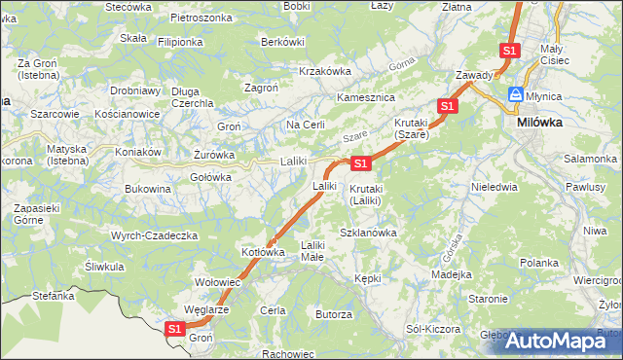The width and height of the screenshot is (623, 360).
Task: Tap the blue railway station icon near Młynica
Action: click(x=513, y=95)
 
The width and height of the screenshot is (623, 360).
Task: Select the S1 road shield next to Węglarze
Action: click(x=174, y=329)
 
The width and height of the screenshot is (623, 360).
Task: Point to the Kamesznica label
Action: click(x=364, y=98)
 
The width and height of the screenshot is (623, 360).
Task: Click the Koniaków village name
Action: click(x=137, y=151)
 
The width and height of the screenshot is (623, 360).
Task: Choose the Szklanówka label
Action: click(x=368, y=233)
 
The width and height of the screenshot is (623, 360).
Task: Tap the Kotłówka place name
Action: click(x=263, y=252)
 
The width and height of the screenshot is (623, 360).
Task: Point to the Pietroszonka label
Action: click(x=201, y=18)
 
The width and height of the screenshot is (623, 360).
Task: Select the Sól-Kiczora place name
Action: click(x=433, y=329)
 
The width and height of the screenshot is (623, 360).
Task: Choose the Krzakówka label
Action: click(x=324, y=71)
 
